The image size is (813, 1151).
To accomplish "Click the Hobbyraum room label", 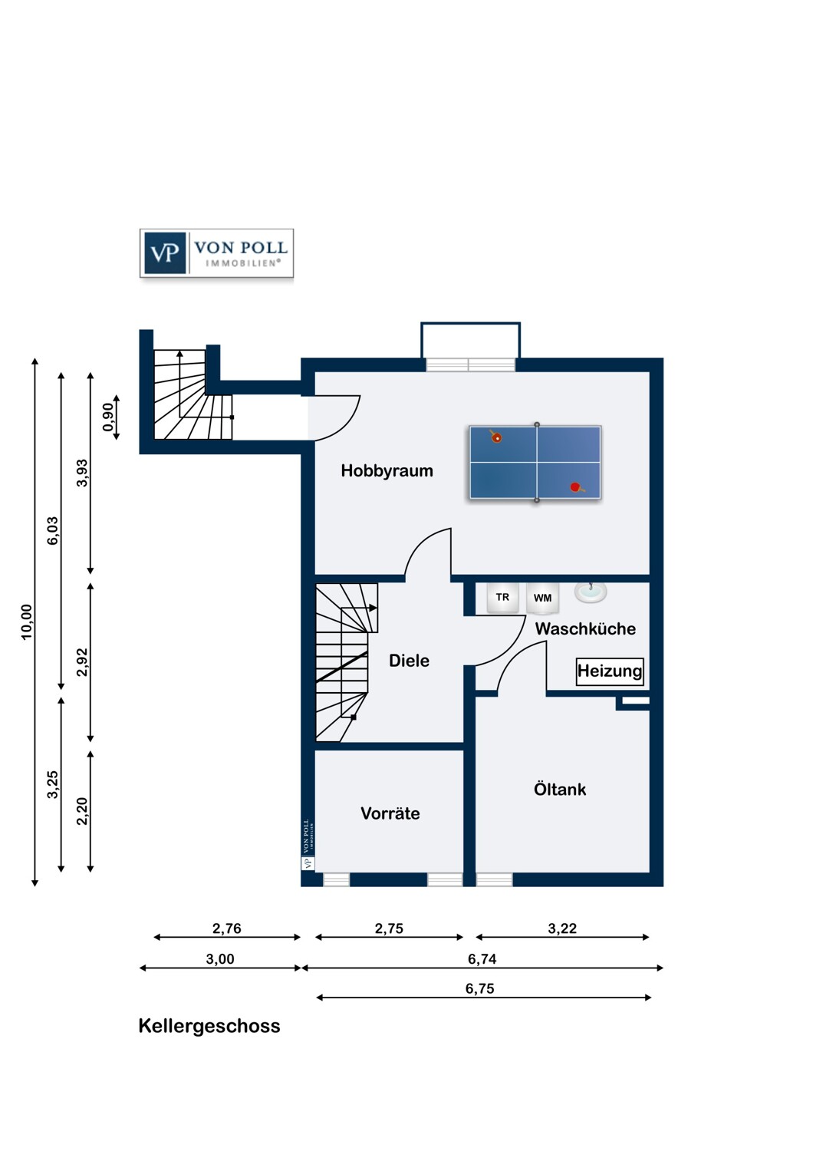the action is pyautogui.click(x=387, y=470).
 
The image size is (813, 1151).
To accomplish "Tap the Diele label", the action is pyautogui.click(x=409, y=660).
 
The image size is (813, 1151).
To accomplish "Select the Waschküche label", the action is pyautogui.click(x=585, y=628).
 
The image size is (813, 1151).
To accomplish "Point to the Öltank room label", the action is pyautogui.click(x=560, y=789).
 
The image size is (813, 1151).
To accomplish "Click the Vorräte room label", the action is pyautogui.click(x=390, y=813).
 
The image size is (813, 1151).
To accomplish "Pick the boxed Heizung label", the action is pyautogui.click(x=610, y=671).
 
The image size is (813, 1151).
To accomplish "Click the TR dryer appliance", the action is pyautogui.click(x=502, y=598).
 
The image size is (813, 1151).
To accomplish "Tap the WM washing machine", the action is pyautogui.click(x=542, y=598).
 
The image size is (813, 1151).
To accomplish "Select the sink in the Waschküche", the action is pyautogui.click(x=591, y=592).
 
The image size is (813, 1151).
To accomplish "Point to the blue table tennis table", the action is pyautogui.click(x=535, y=463).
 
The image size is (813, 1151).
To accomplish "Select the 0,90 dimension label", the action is pyautogui.click(x=108, y=417).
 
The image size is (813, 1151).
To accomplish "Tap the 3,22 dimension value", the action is pyautogui.click(x=562, y=928).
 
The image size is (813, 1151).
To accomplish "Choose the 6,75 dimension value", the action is pyautogui.click(x=479, y=988).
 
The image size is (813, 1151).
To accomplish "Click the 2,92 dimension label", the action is pyautogui.click(x=82, y=662).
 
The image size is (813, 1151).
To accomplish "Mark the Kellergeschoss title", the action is pyautogui.click(x=209, y=1026).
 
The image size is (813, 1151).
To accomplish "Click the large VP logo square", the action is pyautogui.click(x=165, y=252).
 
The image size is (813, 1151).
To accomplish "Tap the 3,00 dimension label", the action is pyautogui.click(x=220, y=959).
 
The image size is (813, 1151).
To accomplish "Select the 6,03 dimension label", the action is pyautogui.click(x=53, y=530).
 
